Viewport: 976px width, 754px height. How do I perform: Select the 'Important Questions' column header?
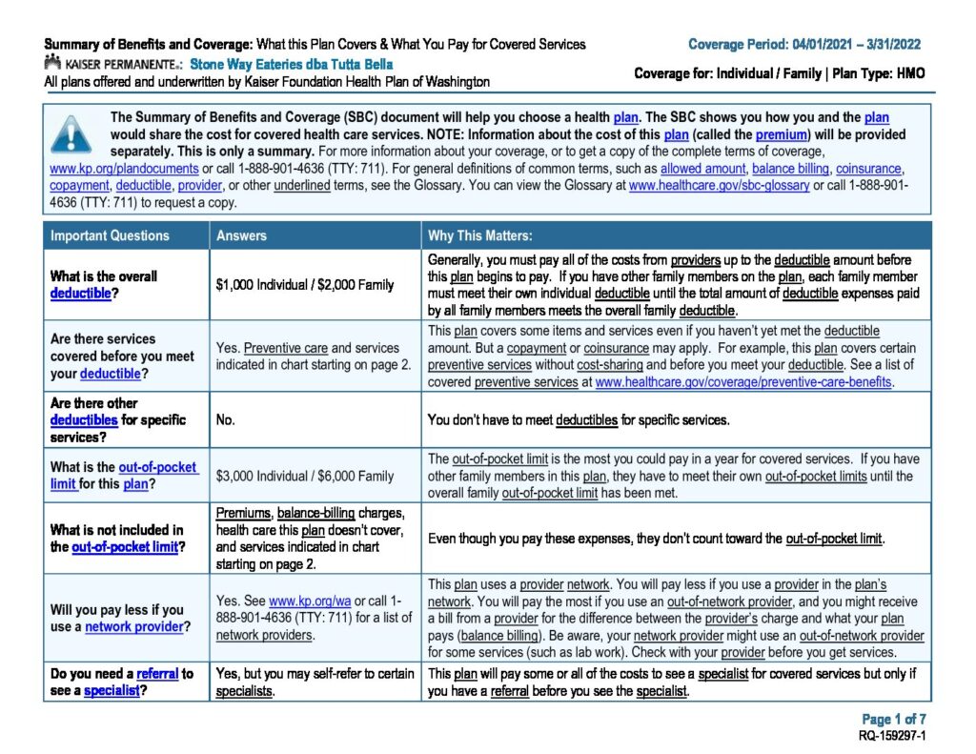[110, 235]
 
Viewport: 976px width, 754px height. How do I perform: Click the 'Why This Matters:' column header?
[480, 235]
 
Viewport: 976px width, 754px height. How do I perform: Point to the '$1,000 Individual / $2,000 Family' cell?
[305, 285]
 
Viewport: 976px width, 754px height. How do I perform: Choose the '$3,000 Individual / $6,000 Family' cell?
[305, 476]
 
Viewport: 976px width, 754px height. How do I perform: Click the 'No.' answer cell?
[226, 419]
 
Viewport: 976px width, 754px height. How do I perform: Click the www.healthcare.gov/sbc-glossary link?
[719, 186]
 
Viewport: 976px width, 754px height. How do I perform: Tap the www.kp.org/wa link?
[300, 602]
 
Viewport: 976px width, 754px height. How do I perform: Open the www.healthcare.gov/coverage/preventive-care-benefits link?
[743, 381]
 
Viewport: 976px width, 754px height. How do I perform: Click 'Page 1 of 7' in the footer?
[894, 720]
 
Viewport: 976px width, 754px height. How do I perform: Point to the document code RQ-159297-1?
[893, 736]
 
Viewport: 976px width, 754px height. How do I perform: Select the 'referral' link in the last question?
[157, 674]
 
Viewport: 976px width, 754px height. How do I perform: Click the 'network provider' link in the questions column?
[133, 626]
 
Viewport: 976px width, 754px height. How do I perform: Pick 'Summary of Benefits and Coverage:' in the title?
[148, 45]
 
